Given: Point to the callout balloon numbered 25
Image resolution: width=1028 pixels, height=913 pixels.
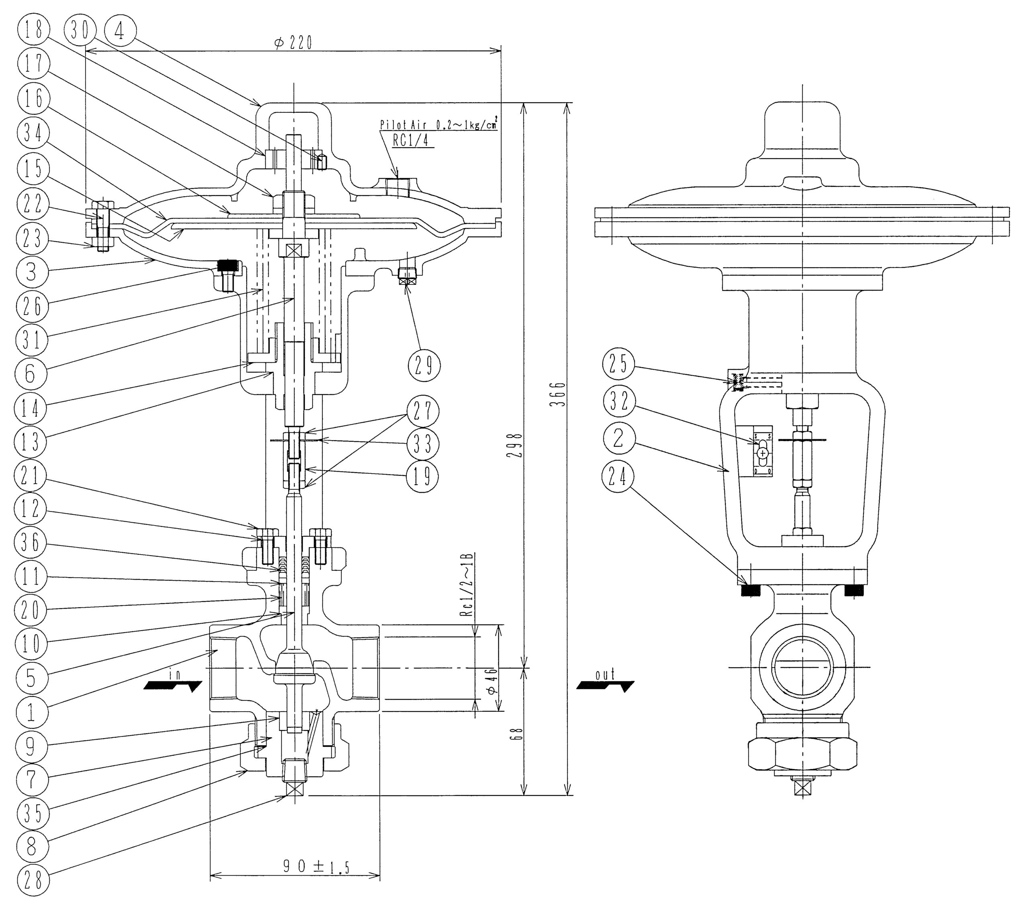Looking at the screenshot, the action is click(619, 364).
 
